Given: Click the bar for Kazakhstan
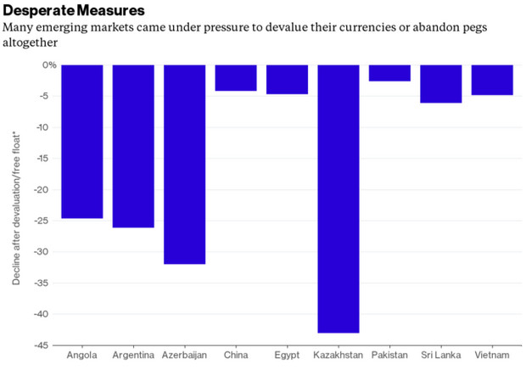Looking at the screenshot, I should [x=339, y=199].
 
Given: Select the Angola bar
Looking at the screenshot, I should [x=81, y=141].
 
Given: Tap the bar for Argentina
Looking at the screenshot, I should [x=133, y=146].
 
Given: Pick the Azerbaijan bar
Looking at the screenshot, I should [x=184, y=164].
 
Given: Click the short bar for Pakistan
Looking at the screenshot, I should [x=389, y=73].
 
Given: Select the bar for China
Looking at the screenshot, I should [x=236, y=77].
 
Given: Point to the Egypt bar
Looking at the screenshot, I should [x=287, y=79].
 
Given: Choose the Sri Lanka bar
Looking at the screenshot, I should [x=441, y=83].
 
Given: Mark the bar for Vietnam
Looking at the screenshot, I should [x=492, y=80].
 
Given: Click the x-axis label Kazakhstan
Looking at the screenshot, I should [x=339, y=354].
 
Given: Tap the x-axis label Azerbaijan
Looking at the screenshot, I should [x=184, y=354].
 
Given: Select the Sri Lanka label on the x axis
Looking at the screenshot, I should [x=441, y=354].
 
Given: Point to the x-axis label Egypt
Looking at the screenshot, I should [x=287, y=354].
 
